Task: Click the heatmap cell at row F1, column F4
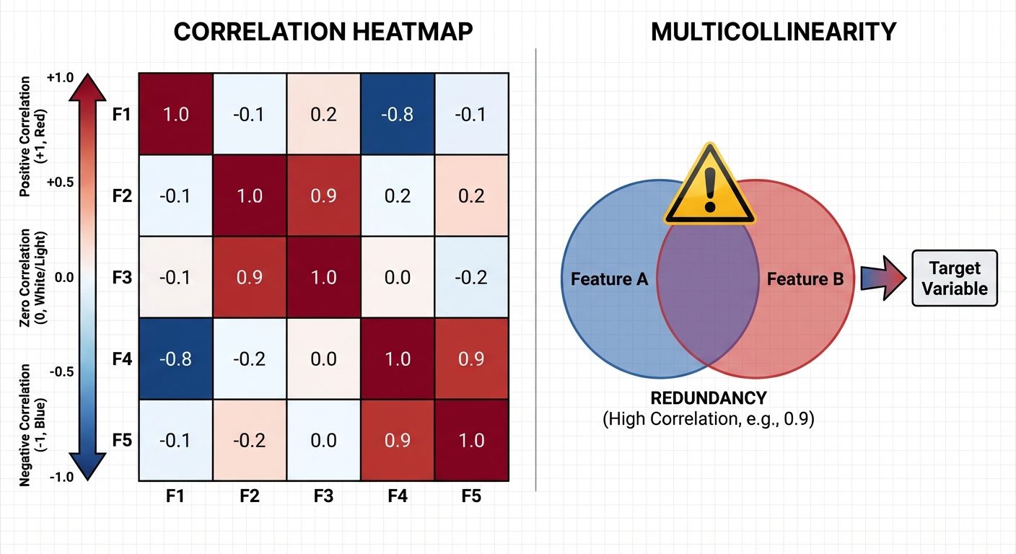coord(397,114)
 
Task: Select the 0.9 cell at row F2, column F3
coord(323,195)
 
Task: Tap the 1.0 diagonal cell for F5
coord(471,439)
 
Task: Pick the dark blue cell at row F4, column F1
coord(176,359)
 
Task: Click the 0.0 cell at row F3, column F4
coord(397,277)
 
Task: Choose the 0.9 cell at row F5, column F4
coord(397,439)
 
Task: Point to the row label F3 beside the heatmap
coord(123,277)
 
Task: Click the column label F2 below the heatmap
coord(250,496)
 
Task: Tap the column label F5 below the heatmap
coord(471,496)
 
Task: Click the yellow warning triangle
coord(709,186)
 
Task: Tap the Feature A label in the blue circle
coord(609,278)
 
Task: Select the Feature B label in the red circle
coord(805,278)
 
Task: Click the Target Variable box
coord(954,278)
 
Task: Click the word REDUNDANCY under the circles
coord(708,398)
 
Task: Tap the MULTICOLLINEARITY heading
coord(773,32)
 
